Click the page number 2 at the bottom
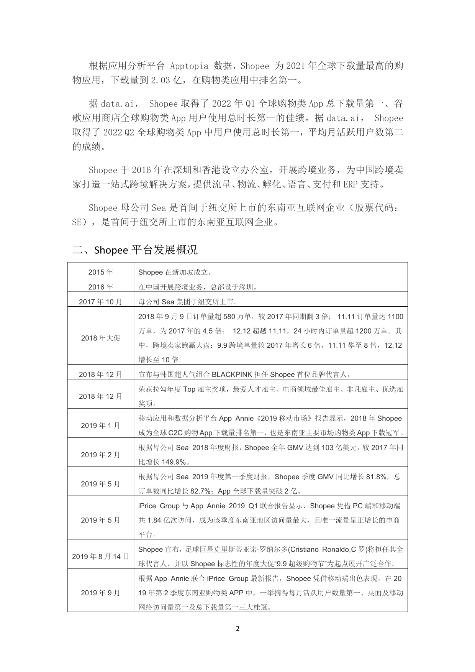(x=237, y=628)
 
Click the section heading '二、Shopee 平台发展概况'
(x=135, y=250)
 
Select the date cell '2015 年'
(x=101, y=272)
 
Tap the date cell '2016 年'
(x=101, y=287)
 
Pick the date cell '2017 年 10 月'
(x=101, y=302)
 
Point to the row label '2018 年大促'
(x=101, y=338)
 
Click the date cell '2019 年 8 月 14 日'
(x=101, y=556)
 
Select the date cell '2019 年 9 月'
(x=101, y=593)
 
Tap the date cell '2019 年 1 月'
(x=101, y=426)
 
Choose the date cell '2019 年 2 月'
(x=101, y=455)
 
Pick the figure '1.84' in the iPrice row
(x=154, y=520)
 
